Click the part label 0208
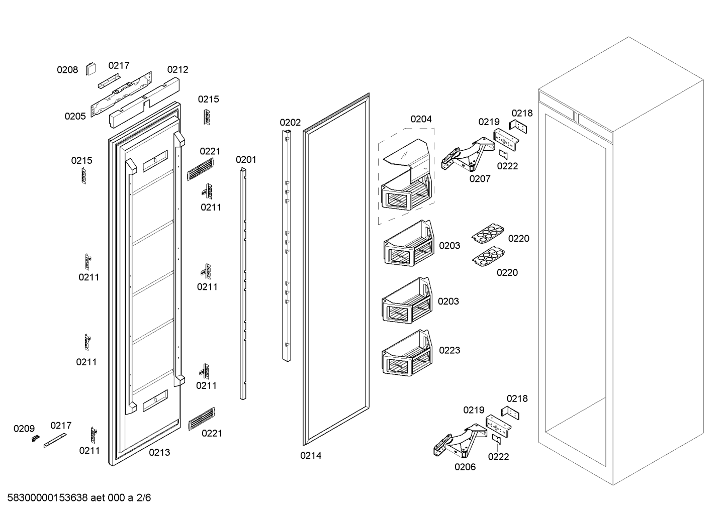[67, 70]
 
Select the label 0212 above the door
[177, 69]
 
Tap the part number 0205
[75, 116]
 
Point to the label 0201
[246, 160]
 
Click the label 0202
[290, 122]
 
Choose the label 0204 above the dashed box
[421, 119]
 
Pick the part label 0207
[480, 178]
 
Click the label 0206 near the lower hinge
[465, 467]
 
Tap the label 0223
[449, 350]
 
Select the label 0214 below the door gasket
[311, 455]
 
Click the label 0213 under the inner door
[159, 452]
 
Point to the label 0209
[24, 429]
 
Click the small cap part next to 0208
[91, 68]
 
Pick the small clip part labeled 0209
[35, 439]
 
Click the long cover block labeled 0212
[143, 103]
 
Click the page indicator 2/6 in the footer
[143, 498]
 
